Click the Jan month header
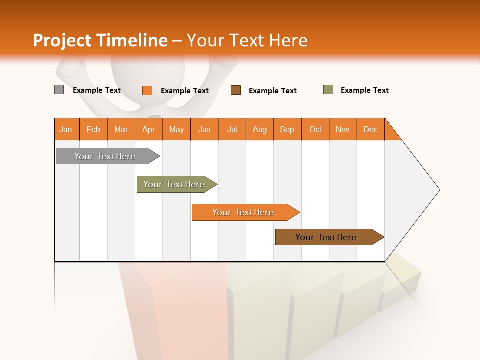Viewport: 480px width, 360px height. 66,129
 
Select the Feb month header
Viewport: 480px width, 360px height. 93,129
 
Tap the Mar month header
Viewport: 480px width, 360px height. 121,129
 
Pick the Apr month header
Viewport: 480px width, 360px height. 149,129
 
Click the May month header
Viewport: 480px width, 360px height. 176,129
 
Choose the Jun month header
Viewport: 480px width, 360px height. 204,129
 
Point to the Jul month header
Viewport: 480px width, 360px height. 232,129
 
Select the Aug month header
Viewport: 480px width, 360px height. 260,129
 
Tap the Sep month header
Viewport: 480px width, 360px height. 287,129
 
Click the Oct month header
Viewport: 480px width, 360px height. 315,129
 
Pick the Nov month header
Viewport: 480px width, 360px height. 343,129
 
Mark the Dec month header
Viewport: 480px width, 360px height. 371,129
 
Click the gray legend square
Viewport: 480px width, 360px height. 59,90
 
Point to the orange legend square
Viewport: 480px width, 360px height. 147,90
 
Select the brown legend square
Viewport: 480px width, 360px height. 236,90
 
